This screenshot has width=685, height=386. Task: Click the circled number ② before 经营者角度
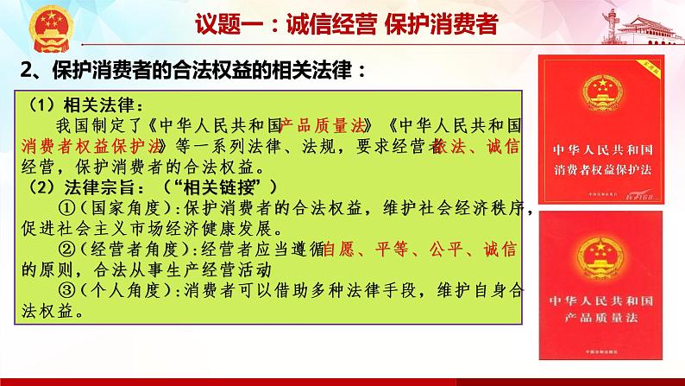[x=66, y=251]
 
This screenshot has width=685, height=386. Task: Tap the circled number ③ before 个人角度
[x=66, y=292]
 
